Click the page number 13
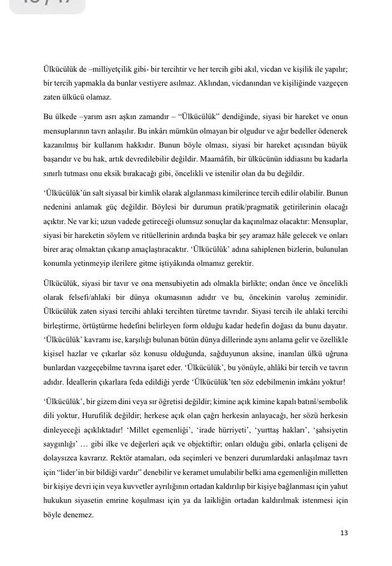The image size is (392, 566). (x=344, y=532)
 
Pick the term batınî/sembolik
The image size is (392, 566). (x=321, y=402)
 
